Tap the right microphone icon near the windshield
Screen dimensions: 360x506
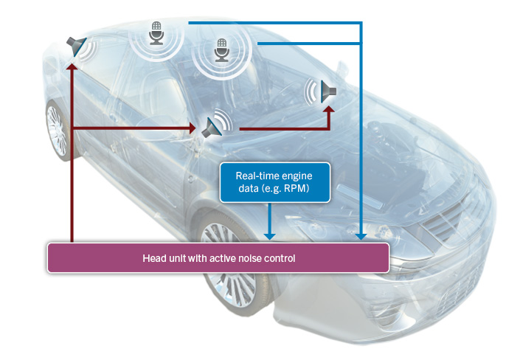click(221, 51)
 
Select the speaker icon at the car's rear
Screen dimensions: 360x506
click(76, 45)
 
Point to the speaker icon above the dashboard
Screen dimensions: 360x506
click(327, 91)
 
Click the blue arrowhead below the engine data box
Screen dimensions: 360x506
click(271, 236)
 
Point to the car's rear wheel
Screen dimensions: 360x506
click(56, 131)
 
